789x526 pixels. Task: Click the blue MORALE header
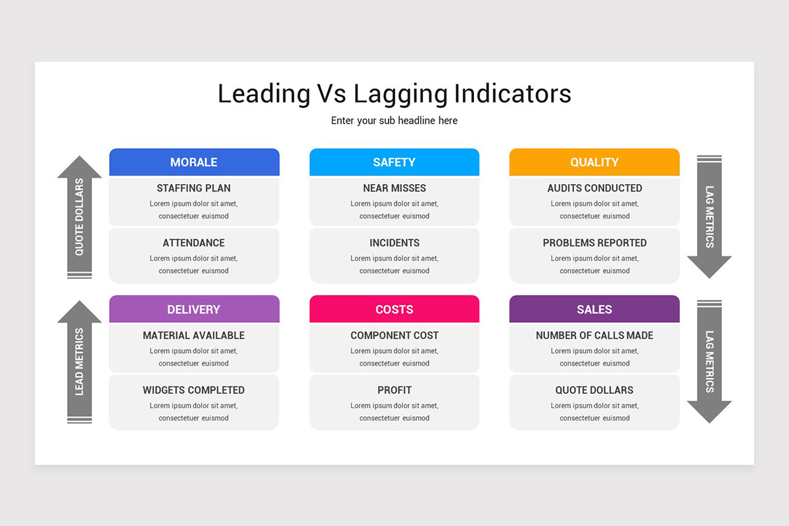[194, 162]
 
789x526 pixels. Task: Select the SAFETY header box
[394, 162]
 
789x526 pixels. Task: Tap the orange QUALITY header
[594, 162]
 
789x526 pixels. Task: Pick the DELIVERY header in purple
[194, 309]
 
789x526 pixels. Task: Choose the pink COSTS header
[394, 309]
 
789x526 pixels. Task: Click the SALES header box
[594, 309]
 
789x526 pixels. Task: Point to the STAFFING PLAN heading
[194, 188]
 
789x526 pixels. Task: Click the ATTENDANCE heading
[194, 243]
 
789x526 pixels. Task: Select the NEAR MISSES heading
[394, 188]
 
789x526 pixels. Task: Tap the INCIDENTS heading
[394, 243]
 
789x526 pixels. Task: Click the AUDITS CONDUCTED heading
[594, 188]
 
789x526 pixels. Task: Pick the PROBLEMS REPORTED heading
[594, 243]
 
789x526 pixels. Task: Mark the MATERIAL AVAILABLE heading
[194, 335]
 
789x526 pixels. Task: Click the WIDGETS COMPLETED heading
[194, 390]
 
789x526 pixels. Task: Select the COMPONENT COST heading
[394, 335]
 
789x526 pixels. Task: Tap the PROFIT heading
[394, 390]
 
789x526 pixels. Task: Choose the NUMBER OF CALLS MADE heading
[594, 335]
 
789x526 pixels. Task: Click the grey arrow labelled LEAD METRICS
[80, 362]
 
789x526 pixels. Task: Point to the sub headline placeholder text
[394, 120]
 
